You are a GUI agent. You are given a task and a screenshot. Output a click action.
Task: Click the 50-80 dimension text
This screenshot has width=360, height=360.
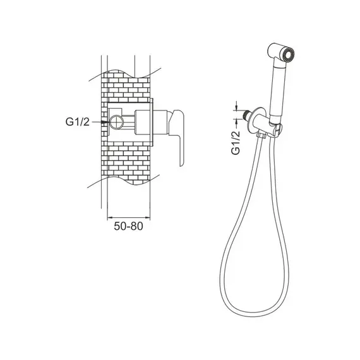coord(128,226)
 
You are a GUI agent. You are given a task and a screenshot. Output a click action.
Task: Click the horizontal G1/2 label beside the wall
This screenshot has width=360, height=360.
coord(78,122)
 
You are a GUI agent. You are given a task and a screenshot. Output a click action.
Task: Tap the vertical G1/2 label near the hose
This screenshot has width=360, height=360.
coord(236,143)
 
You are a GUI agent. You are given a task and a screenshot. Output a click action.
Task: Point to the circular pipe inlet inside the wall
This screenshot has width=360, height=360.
coord(117,122)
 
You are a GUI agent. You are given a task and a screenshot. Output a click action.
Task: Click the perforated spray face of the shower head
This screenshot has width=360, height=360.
coord(289,54)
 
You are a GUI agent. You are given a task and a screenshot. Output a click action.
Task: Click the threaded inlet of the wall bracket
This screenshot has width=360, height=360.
coord(248,114)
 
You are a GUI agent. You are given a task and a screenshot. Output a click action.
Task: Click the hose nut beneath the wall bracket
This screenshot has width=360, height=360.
coord(261,136)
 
